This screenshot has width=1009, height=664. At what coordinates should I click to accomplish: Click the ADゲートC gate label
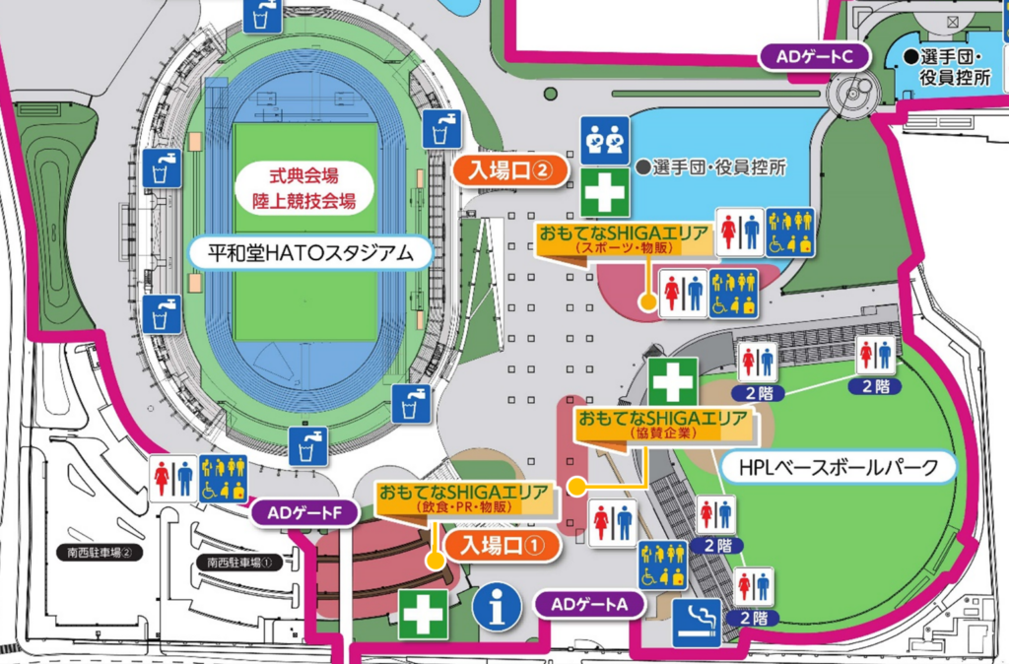[814, 57]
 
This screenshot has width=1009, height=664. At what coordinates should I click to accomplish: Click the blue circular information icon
[498, 611]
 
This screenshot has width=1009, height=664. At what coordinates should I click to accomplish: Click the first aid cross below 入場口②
[604, 192]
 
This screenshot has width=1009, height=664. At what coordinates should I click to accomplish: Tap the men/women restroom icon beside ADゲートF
[172, 478]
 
